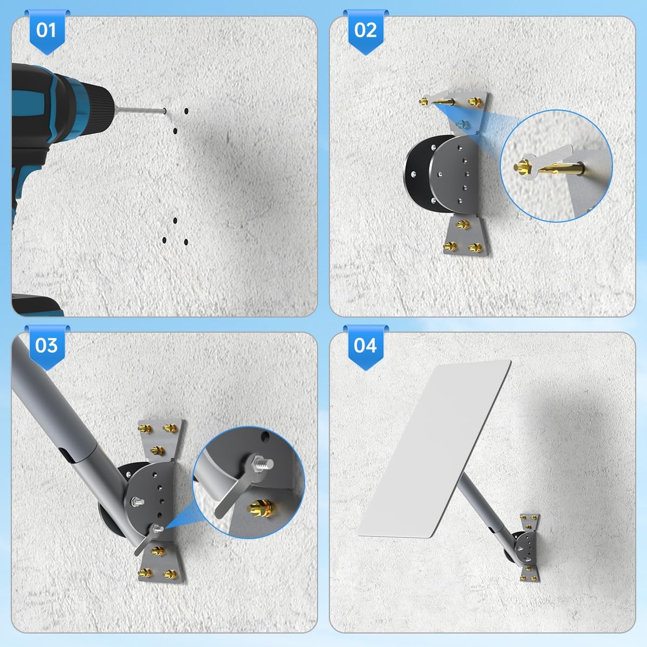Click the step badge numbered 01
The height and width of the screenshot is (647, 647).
47,32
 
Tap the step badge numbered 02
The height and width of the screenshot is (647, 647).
366,32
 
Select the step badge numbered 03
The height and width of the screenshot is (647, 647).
47,347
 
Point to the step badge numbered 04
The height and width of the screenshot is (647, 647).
366,347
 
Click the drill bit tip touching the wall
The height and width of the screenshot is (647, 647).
164,111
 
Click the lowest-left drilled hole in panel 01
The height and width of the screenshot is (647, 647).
164,240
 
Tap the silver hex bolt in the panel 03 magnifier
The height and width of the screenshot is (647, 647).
261,464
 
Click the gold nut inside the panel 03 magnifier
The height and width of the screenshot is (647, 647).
260,508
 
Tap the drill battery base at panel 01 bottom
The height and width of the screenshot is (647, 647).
37,305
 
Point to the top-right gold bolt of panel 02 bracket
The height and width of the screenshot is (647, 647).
475,101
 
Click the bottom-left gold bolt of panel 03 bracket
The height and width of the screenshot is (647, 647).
145,573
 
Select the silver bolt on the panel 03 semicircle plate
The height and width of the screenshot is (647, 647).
137,501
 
